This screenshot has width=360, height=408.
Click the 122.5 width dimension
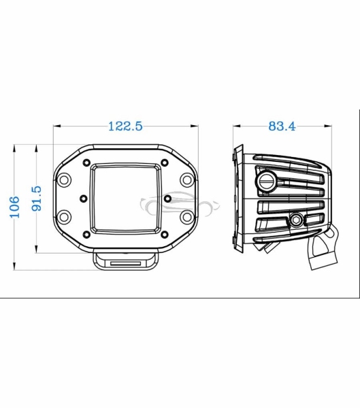click(x=125, y=126)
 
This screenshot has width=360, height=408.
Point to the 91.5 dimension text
click(x=37, y=199)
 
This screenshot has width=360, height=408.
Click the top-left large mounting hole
click(x=65, y=180)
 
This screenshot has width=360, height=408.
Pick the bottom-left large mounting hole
click(x=65, y=217)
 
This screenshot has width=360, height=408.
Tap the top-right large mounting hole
click(x=186, y=180)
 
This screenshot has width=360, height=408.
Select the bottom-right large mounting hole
click(x=186, y=217)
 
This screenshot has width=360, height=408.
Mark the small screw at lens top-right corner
click(x=165, y=163)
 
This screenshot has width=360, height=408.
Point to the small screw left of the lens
click(x=82, y=199)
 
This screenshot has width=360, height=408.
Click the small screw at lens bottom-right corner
click(x=165, y=234)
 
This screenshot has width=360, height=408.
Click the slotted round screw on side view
click(x=266, y=182)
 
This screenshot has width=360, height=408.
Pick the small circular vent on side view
click(x=297, y=220)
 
